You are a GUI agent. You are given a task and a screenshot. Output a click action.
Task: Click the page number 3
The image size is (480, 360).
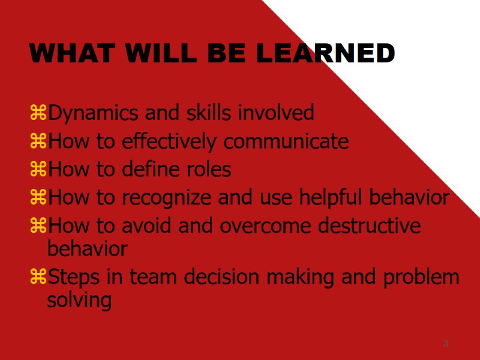coord(445,343)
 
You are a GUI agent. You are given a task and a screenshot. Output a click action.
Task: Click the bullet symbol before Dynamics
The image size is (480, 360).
coord(38,112)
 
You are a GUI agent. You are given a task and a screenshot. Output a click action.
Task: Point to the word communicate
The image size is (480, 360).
coord(286,142)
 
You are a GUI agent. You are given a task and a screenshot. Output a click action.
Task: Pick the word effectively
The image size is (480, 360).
coord(171,142)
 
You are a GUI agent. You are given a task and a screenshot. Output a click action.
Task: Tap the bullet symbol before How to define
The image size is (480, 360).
coord(38,169)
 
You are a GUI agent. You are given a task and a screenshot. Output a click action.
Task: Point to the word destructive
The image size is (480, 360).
coord(370,226)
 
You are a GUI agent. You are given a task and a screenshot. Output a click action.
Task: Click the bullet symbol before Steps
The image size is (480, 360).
coord(38,277)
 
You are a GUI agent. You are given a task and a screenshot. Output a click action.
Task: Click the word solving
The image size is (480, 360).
coord(79,300)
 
